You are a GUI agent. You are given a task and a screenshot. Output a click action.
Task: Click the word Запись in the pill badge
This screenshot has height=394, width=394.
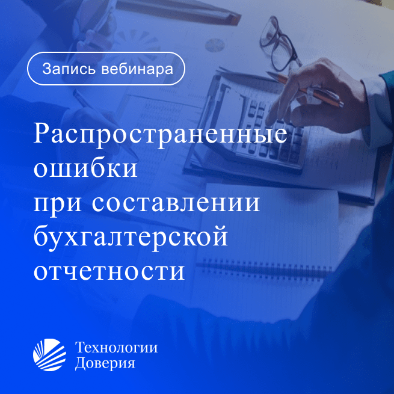(x=69, y=69)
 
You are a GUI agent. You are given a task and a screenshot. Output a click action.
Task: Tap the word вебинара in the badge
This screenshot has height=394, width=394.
(x=137, y=69)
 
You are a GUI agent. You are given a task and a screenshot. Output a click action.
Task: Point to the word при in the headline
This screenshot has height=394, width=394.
(x=58, y=204)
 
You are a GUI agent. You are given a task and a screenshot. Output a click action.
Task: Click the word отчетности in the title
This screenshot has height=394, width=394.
(x=109, y=272)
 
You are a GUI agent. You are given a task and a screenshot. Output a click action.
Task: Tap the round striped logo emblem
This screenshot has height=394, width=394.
(x=49, y=355)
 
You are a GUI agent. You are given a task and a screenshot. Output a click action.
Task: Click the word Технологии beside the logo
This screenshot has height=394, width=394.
(x=116, y=348)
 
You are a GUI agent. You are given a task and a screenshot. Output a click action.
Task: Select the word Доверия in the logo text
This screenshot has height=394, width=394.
(x=105, y=363)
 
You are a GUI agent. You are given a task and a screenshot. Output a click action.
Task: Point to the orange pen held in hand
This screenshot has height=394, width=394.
(x=305, y=89)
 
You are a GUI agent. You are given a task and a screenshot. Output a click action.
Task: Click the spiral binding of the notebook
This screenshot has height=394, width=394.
(x=264, y=268)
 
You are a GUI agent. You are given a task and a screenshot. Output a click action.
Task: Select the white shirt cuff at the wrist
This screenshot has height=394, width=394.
(x=374, y=111)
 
